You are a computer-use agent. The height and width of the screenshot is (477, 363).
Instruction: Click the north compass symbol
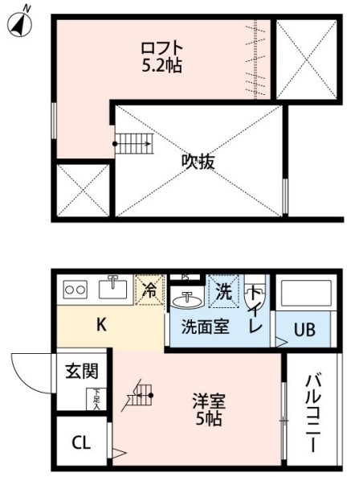(21, 24)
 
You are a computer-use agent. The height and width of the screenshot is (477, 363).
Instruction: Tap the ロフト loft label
(161, 48)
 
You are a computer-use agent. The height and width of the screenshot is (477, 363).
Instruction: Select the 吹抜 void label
(198, 161)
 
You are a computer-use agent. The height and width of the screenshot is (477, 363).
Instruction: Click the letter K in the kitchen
(102, 325)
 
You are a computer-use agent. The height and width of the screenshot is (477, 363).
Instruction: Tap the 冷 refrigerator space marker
(149, 290)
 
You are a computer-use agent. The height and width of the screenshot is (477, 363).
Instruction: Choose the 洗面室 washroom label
(203, 327)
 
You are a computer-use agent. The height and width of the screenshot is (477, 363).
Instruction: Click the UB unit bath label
(303, 331)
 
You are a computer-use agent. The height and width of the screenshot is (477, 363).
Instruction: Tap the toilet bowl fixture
(253, 296)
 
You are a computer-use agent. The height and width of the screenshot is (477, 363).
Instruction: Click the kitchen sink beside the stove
(113, 286)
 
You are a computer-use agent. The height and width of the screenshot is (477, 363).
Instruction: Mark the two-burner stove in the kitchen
(75, 288)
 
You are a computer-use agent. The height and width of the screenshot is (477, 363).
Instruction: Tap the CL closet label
(81, 442)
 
